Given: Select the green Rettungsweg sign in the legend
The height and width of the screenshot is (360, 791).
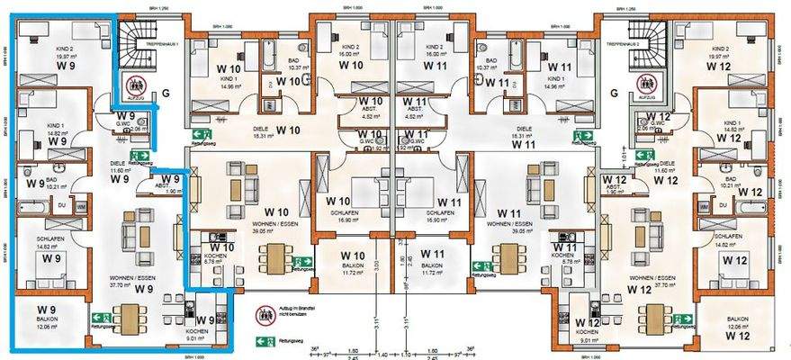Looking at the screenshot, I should coord(265,342).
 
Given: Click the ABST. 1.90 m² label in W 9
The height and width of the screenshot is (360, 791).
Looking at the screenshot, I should coord(172,186).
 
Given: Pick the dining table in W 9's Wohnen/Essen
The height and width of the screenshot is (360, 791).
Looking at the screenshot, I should coord(131,318).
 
